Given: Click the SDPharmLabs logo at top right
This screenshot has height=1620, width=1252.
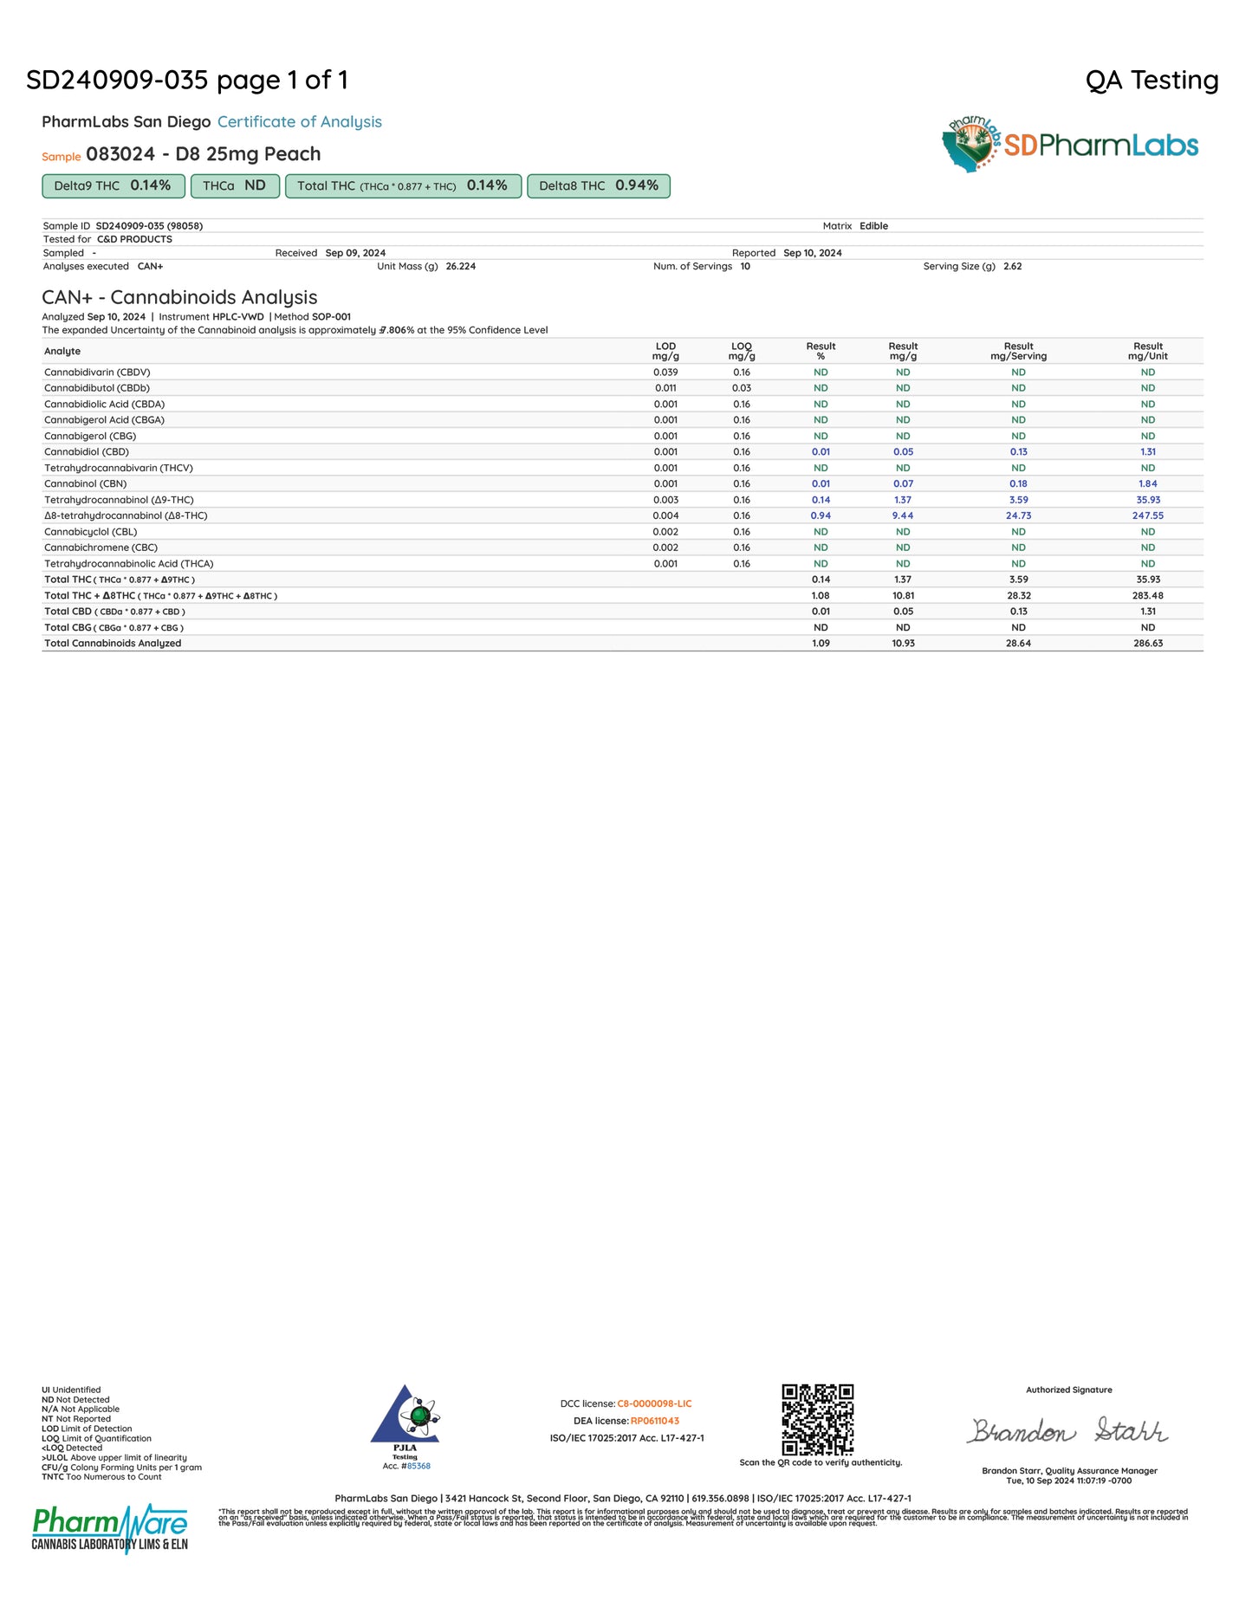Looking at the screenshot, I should coord(1070,145).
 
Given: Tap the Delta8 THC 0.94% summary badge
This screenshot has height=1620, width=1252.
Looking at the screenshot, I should coord(598,186).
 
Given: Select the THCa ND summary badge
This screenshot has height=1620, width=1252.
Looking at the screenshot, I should coord(234,186).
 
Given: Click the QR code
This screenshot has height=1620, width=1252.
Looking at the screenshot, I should coord(817,1419).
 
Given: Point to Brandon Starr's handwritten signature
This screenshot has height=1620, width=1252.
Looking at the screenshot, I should coord(1067,1430).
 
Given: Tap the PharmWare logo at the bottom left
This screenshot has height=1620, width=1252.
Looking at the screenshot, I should coord(109,1529).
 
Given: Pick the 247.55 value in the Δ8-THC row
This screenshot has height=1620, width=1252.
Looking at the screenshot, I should coord(1147,515).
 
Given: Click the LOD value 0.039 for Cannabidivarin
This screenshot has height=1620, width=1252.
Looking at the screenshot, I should coord(665,373).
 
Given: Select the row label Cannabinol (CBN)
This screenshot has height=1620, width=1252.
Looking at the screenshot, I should coord(85,483).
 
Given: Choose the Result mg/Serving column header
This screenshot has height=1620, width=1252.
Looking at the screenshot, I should coord(1018,351).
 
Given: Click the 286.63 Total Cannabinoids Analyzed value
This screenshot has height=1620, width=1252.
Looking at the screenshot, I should coord(1147,644).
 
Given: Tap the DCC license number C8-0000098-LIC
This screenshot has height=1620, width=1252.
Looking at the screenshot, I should coord(654,1403).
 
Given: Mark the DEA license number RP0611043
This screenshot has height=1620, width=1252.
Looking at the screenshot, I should coord(654,1421).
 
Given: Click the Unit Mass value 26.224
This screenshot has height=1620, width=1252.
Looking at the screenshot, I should coord(460,267).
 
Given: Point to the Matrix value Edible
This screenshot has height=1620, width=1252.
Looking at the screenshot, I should coord(873,226).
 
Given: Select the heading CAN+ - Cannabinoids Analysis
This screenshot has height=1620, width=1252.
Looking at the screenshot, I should coord(179,297).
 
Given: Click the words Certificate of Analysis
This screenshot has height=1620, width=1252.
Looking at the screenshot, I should coord(299,122).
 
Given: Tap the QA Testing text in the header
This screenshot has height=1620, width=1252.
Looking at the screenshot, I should coord(1151,81).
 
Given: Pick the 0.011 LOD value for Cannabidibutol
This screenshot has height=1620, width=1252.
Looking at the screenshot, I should coord(665,388).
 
